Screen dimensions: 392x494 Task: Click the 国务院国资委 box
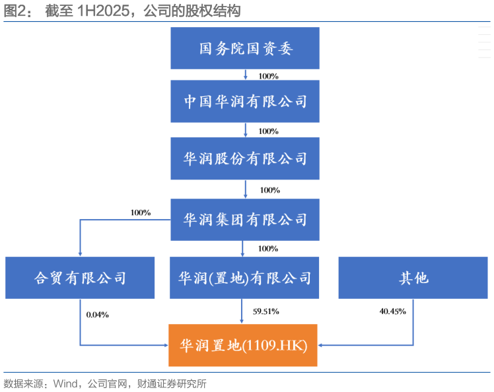245,48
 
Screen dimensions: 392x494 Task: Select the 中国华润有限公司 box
245,102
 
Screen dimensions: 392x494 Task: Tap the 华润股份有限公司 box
245,159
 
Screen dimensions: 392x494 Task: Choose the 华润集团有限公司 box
245,219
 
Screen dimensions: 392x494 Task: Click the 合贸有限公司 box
80,277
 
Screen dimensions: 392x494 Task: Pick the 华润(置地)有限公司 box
244,277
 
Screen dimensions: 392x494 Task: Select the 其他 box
413,277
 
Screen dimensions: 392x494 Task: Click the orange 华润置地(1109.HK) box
243,345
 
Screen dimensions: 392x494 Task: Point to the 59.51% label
265,311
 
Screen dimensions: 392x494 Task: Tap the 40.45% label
393,311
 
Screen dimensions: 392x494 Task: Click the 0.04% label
97,315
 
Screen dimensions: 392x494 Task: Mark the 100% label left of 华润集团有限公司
141,212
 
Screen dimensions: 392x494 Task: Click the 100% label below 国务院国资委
268,76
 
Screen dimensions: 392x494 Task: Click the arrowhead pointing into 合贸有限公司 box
80,253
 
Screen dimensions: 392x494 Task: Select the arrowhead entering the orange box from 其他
322,345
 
